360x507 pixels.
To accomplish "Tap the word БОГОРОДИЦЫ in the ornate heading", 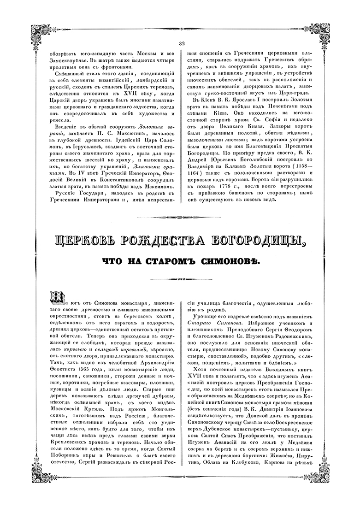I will click(x=253, y=241).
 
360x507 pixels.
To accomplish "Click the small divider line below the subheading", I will click(x=180, y=278).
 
